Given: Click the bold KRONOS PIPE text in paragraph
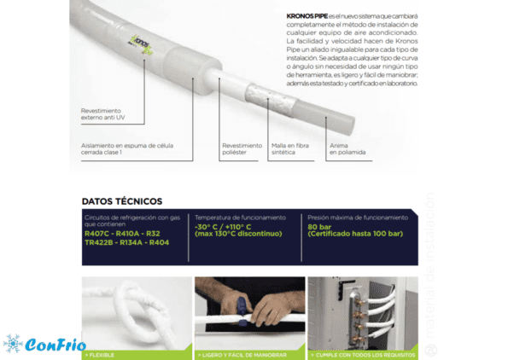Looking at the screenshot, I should [x=305, y=15].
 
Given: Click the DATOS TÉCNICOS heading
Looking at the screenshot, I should [x=122, y=201].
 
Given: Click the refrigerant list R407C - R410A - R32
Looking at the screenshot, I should [x=116, y=233].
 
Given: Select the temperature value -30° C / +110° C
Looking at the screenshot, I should [x=226, y=227].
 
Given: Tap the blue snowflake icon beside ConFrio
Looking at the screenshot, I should [x=14, y=344].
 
